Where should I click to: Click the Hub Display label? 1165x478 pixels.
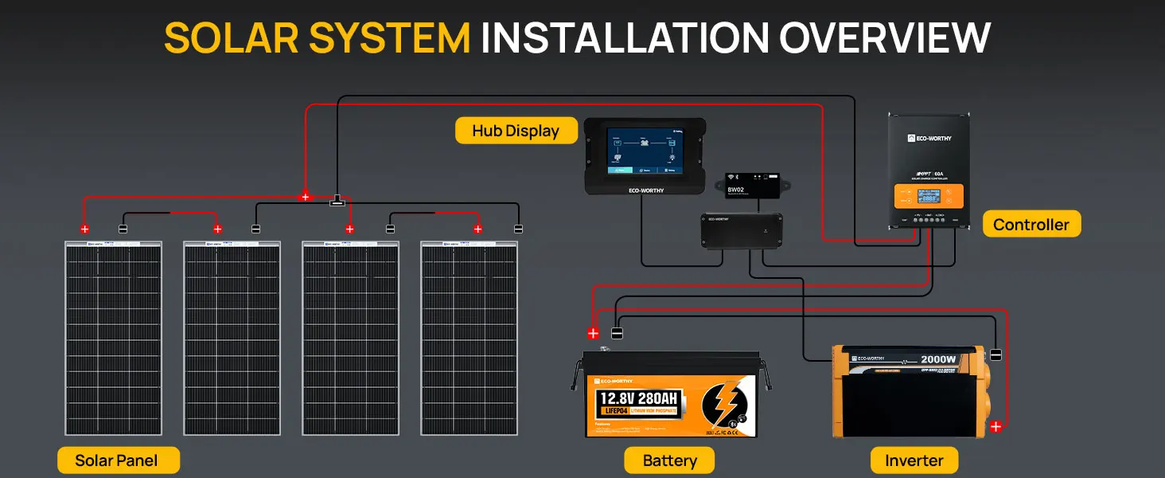coord(516,131)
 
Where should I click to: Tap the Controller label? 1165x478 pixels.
coord(1031,225)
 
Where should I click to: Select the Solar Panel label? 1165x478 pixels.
coord(117,460)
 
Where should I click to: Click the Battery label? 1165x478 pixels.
coord(669,460)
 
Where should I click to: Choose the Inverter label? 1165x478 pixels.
coord(914,460)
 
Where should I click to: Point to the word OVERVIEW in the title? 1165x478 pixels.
coord(885,37)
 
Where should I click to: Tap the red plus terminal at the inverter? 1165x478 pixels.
coord(996,427)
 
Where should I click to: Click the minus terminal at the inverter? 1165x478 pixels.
coord(996,355)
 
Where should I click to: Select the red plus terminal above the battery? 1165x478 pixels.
coord(593,333)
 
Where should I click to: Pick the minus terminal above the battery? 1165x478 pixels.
coord(617,333)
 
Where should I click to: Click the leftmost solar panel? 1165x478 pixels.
coord(113,339)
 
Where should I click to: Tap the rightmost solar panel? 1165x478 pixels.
coord(469,339)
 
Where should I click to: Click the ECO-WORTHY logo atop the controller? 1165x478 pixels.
coord(929,138)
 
